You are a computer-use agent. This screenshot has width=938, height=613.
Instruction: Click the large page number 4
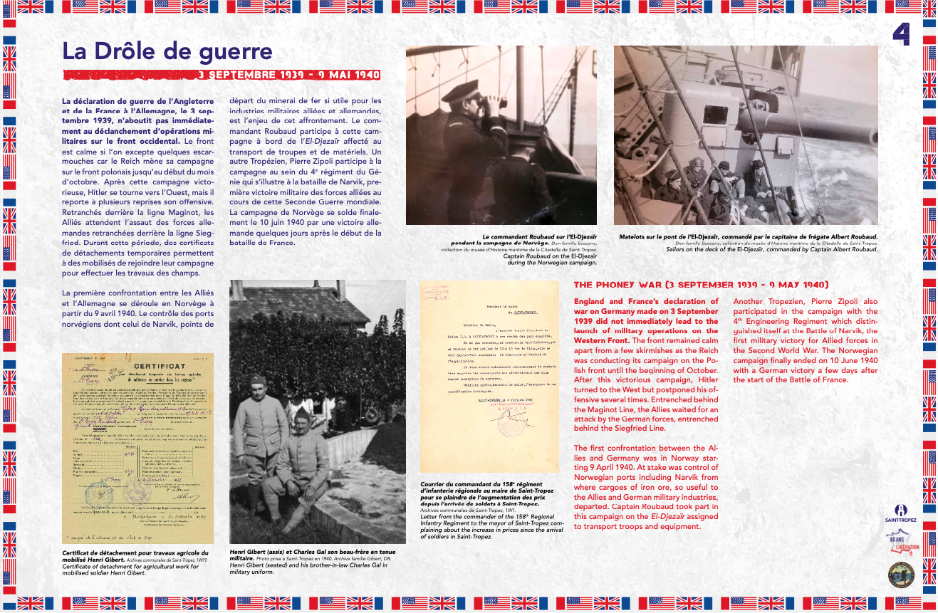pyautogui.click(x=900, y=34)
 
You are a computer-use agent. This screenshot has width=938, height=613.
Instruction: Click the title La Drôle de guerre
pyautogui.click(x=167, y=51)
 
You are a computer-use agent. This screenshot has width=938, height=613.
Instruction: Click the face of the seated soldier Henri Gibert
pyautogui.click(x=303, y=419)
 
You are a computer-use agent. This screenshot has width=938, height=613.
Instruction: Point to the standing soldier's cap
pyautogui.click(x=258, y=380)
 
